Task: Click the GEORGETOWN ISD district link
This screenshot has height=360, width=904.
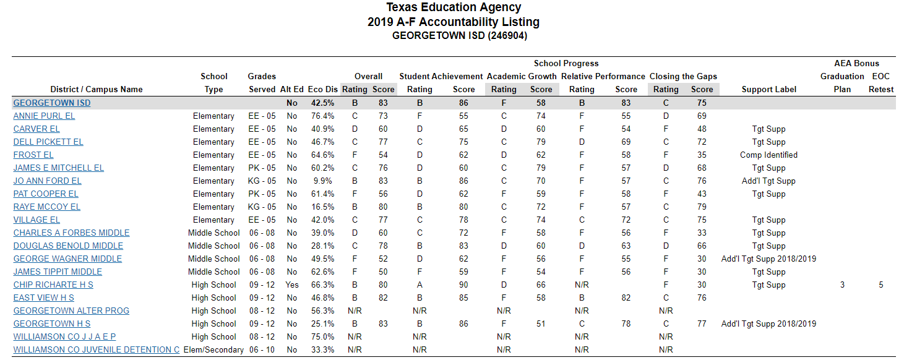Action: pos(52,103)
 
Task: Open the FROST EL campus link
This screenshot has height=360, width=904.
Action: pos(33,155)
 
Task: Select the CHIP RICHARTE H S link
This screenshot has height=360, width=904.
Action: pos(53,285)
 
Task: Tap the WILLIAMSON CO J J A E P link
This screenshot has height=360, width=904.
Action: pos(64,336)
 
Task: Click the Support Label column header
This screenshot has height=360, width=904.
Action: pos(768,89)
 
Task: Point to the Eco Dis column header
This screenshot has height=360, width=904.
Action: pos(323,89)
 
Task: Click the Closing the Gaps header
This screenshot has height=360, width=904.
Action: pos(683,76)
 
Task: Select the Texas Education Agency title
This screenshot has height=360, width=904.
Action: pos(454,7)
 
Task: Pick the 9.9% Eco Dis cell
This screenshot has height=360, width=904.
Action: pos(323,181)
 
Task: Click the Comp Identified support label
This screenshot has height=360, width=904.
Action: pos(768,155)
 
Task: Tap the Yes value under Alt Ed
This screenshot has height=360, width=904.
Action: pos(292,285)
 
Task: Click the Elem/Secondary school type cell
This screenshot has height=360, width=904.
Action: pos(213,349)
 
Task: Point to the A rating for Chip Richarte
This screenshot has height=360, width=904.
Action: pos(420,285)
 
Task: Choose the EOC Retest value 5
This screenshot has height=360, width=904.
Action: pos(880,285)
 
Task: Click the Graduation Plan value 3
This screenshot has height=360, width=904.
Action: pos(842,285)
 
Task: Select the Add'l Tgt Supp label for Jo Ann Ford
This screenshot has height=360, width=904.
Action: pos(768,181)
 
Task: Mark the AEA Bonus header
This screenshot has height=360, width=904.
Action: pos(856,63)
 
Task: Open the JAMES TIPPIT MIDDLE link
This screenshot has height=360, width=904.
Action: pos(58,272)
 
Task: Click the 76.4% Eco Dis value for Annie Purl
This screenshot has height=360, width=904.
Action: pos(323,116)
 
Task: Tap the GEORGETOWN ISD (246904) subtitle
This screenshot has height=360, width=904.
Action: pos(454,36)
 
